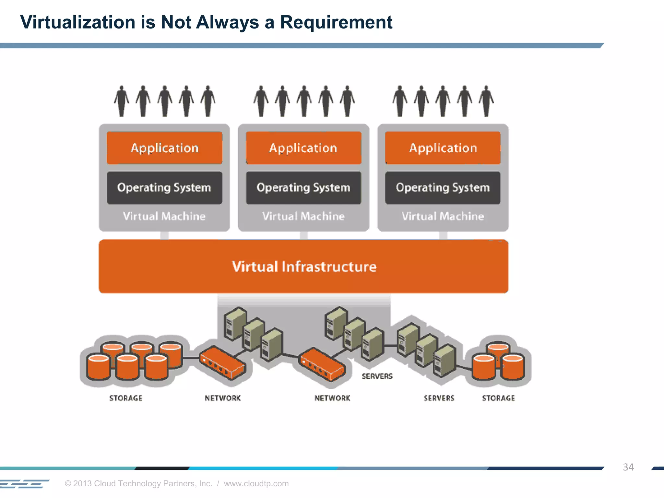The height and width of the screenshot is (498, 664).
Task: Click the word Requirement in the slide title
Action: pos(336,22)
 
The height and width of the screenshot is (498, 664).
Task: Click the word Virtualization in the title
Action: pos(77,22)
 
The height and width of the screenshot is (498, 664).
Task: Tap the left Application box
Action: pos(164,148)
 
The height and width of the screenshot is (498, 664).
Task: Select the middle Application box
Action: pos(303,148)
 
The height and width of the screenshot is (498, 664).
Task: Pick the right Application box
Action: pos(443,148)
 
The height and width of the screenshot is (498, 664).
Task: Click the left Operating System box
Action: pos(164,188)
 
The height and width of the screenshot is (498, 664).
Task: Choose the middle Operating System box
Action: pos(303,188)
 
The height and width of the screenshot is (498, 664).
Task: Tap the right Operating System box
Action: pos(443,188)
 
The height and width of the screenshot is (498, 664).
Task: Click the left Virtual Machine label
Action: pos(164,216)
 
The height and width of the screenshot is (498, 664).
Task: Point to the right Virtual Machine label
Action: pos(443,216)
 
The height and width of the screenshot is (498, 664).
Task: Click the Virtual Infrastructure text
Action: pos(304,267)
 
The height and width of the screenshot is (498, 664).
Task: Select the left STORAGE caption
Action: pos(126,398)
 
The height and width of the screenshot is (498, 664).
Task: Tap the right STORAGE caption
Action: pos(498,398)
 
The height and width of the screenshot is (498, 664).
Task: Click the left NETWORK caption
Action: pos(223,398)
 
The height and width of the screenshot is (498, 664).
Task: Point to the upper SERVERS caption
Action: pos(377,376)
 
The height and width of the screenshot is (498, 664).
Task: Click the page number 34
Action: pos(628,467)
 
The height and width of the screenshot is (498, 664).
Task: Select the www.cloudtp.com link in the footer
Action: pos(256,483)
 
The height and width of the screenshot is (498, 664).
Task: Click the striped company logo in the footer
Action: pos(24,484)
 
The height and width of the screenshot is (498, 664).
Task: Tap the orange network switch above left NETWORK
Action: pos(222,362)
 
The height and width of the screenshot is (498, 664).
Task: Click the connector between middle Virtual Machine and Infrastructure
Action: pos(304,235)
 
